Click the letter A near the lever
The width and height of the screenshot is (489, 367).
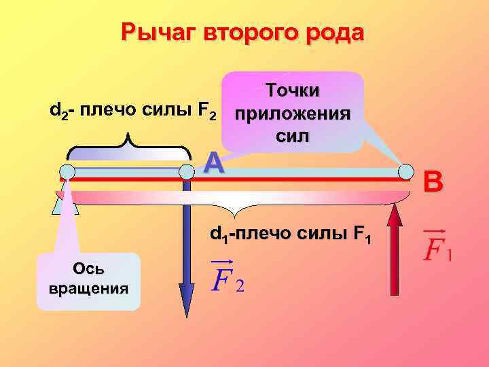pyautogui.click(x=214, y=162)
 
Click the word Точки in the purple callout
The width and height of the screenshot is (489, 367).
pyautogui.click(x=293, y=91)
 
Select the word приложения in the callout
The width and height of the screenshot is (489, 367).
pyautogui.click(x=292, y=113)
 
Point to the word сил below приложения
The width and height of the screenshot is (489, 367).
pyautogui.click(x=293, y=135)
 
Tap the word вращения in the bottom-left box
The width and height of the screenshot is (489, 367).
pyautogui.click(x=88, y=287)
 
